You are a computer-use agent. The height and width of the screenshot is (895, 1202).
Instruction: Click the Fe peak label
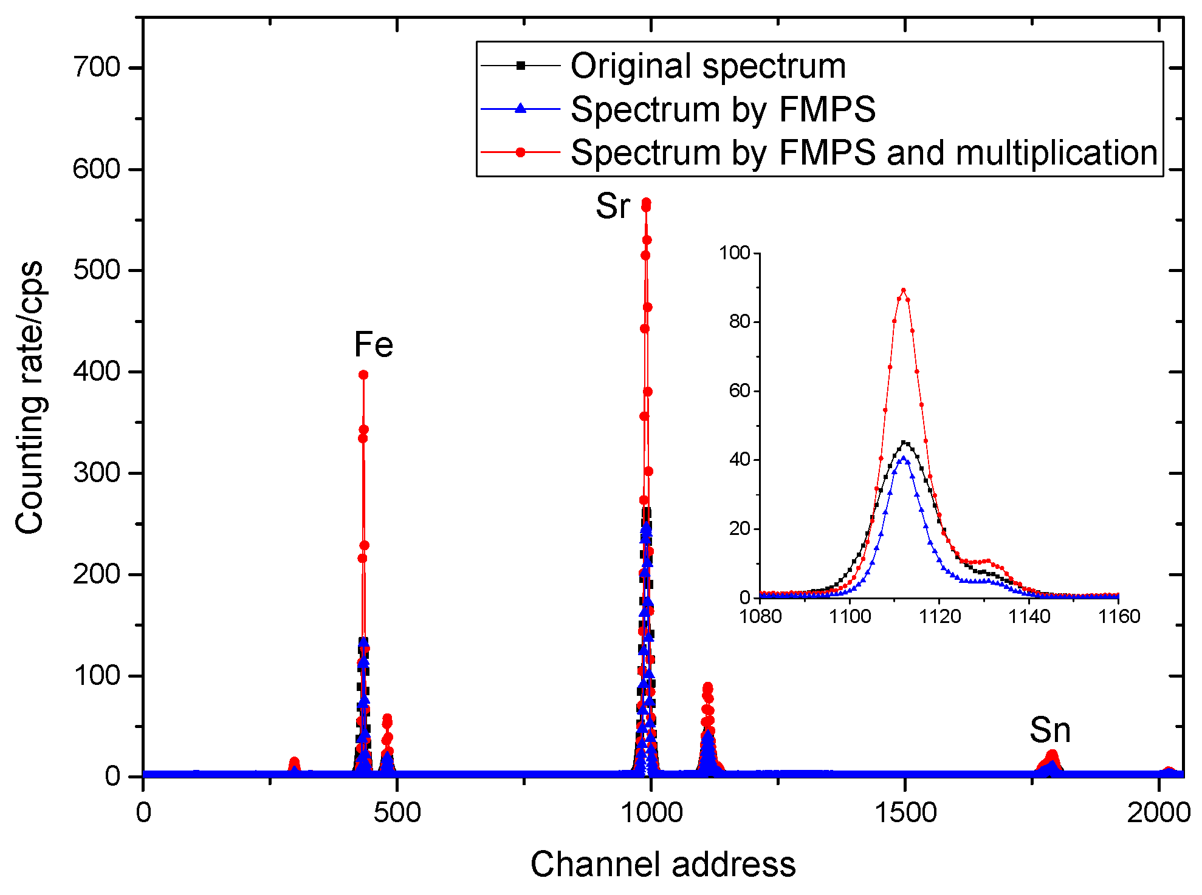(374, 345)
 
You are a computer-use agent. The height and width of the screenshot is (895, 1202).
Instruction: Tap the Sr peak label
(613, 206)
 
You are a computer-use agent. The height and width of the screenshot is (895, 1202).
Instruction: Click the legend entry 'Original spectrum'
(708, 66)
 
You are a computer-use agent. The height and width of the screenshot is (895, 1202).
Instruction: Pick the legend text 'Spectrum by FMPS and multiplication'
(864, 152)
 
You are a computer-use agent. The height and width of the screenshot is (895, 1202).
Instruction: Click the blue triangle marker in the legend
(520, 109)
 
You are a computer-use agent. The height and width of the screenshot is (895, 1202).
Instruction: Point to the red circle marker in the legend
(520, 152)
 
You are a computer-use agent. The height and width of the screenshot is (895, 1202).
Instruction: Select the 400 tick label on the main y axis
(97, 371)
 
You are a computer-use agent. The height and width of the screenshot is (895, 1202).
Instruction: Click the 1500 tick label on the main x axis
(905, 812)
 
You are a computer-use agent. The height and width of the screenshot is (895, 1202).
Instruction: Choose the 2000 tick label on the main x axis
(1159, 812)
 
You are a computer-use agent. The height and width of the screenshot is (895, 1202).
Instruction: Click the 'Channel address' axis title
(662, 864)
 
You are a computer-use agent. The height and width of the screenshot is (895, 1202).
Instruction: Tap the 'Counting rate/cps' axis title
(29, 398)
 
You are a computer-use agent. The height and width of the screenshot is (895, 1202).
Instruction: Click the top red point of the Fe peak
(363, 375)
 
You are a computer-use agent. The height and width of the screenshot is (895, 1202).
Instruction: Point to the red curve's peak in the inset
(903, 290)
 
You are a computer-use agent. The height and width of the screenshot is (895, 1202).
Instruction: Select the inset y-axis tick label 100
(735, 253)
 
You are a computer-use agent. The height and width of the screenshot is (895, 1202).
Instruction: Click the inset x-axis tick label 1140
(1029, 617)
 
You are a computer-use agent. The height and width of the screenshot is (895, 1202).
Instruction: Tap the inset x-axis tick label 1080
(760, 617)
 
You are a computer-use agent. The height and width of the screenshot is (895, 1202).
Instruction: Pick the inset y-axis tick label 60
(740, 390)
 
